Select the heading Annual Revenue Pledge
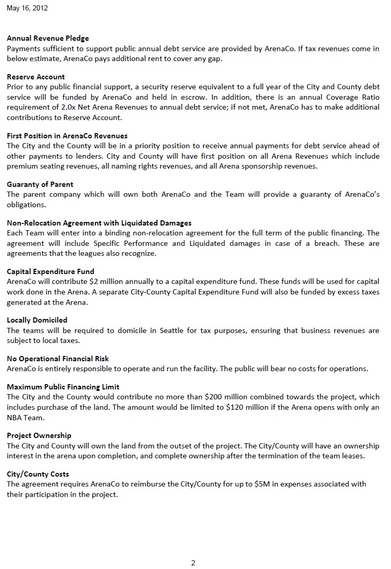tap(48, 38)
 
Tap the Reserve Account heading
tap(36, 77)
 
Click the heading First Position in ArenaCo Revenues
tap(67, 136)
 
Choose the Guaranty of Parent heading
tap(40, 184)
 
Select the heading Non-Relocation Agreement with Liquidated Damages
tap(99, 223)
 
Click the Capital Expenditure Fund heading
tap(51, 271)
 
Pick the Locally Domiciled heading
tap(37, 320)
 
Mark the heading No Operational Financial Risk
tap(58, 359)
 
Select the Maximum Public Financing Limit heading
tap(63, 387)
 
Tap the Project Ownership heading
tap(39, 435)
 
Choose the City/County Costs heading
tap(38, 474)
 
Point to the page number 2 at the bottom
tap(193, 562)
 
